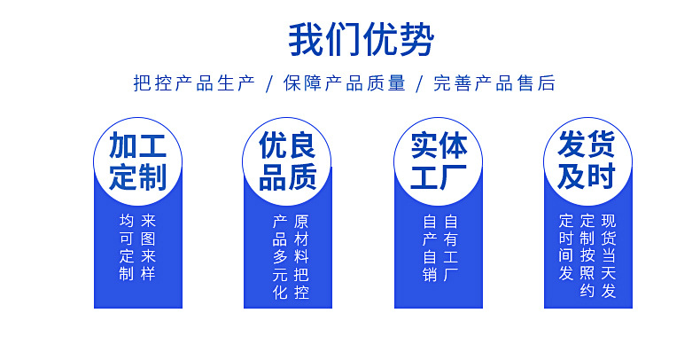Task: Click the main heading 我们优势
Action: point(362,40)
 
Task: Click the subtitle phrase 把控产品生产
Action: point(194,84)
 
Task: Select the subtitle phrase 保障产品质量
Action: point(345,84)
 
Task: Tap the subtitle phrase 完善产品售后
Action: point(494,84)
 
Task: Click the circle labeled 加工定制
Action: point(137,161)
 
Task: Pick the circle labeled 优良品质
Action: point(287,161)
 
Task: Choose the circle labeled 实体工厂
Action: point(438,161)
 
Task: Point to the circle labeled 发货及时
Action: point(587,161)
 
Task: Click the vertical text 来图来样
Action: point(148,247)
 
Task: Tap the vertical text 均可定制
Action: point(127,247)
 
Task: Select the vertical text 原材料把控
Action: point(300,257)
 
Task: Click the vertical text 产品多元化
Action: point(279,257)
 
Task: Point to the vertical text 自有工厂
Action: point(451,247)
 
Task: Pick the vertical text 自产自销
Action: point(430,247)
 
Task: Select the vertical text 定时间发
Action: point(566,247)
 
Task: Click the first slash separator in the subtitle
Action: point(269,84)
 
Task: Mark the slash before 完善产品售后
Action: point(420,84)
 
